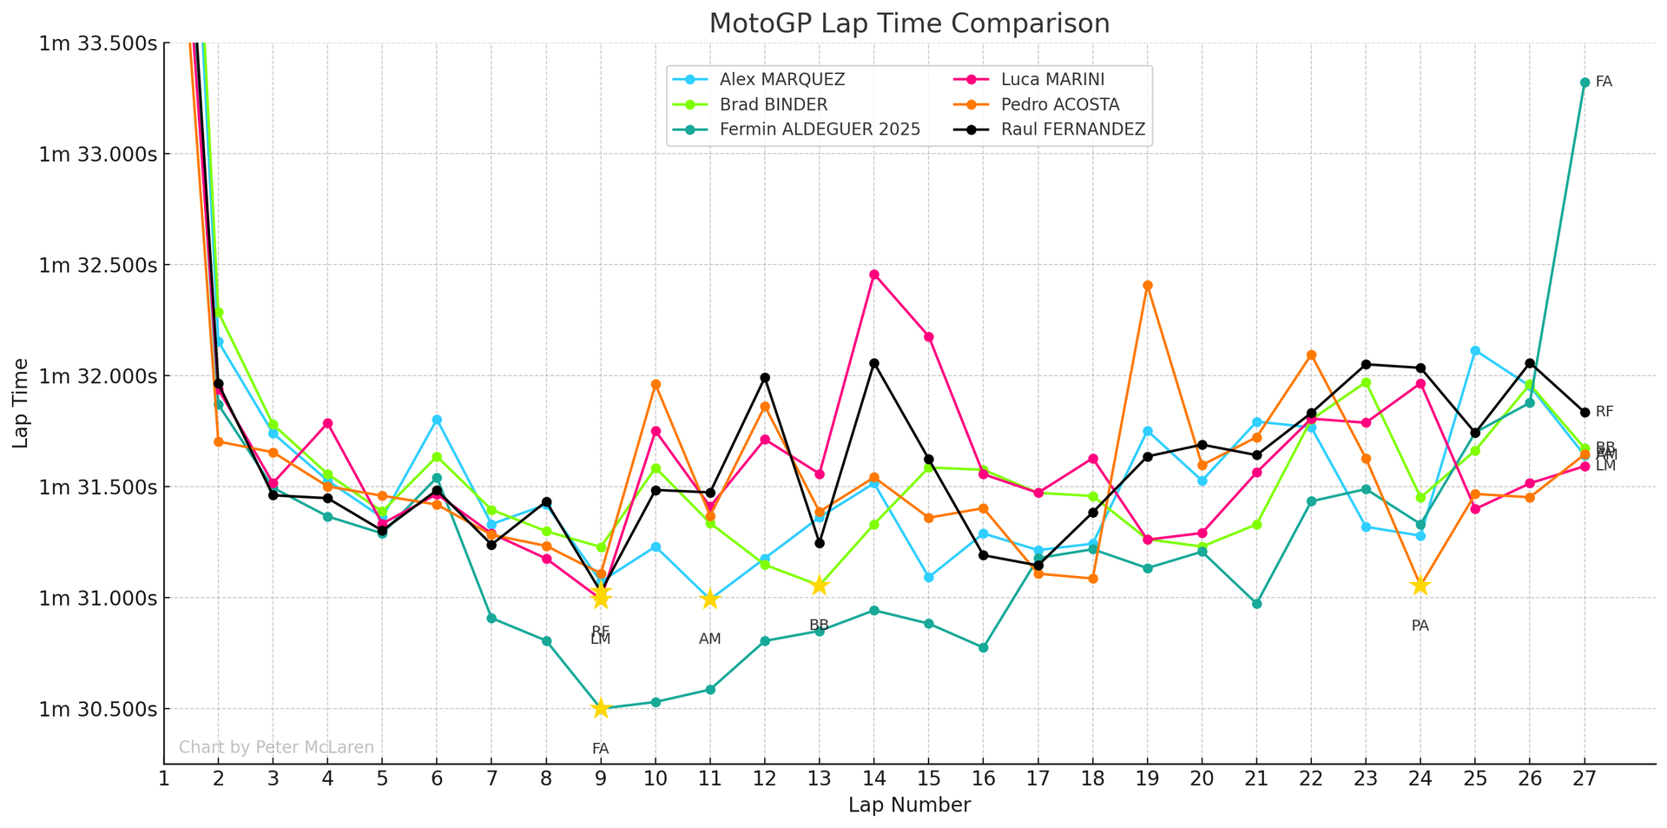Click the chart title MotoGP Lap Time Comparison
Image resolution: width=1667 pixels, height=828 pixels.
pos(909,23)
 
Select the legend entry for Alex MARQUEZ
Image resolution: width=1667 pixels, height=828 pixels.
pos(781,80)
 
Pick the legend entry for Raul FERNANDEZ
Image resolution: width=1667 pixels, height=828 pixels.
pos(1072,130)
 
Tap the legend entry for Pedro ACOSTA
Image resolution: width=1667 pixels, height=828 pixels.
pos(1059,105)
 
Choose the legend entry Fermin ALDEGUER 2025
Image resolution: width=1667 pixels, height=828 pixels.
pos(819,130)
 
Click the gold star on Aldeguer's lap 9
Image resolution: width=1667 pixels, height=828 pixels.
pos(600,708)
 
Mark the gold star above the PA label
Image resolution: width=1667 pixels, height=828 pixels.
pos(1420,586)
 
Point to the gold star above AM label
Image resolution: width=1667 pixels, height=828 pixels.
pos(709,599)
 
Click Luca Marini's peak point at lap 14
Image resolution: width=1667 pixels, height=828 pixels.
pos(873,275)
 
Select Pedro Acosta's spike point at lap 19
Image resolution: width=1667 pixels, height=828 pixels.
pos(1147,285)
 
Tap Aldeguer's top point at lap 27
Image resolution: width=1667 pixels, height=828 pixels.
pos(1585,83)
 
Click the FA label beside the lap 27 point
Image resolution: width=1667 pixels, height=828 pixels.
pos(1604,83)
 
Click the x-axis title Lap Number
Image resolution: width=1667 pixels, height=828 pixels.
pos(909,805)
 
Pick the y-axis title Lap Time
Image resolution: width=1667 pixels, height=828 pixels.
pos(21,403)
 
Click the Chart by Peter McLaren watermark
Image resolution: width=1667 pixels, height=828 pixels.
pos(276,747)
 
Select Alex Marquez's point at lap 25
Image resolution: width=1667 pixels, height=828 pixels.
pos(1474,351)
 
